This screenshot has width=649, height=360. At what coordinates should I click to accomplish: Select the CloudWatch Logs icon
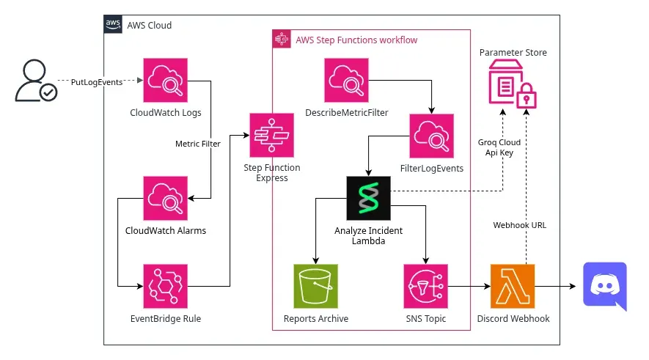click(166, 81)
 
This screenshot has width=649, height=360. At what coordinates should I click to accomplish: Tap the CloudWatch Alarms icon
click(166, 198)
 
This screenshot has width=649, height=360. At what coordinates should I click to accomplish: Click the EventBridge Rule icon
click(166, 286)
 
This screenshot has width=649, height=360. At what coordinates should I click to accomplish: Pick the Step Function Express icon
click(272, 135)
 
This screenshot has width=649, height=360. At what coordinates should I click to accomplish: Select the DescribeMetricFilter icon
click(347, 81)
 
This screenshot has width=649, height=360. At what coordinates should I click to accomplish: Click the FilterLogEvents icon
click(432, 135)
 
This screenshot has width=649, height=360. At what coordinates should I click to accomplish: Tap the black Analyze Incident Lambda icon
click(368, 198)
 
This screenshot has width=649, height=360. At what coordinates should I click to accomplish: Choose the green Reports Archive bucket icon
click(316, 286)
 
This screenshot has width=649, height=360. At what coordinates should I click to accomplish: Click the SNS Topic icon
click(425, 286)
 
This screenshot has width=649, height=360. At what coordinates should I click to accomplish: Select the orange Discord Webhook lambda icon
click(512, 286)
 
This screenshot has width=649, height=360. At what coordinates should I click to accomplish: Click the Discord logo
click(604, 286)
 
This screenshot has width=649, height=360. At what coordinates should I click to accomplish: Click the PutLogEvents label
click(97, 82)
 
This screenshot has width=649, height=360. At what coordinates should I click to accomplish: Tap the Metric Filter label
click(198, 144)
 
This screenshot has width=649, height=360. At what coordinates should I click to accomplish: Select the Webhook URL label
click(519, 225)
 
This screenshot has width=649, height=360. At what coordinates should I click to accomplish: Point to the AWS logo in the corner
click(113, 24)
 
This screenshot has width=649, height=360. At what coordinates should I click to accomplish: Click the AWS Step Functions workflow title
click(356, 40)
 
